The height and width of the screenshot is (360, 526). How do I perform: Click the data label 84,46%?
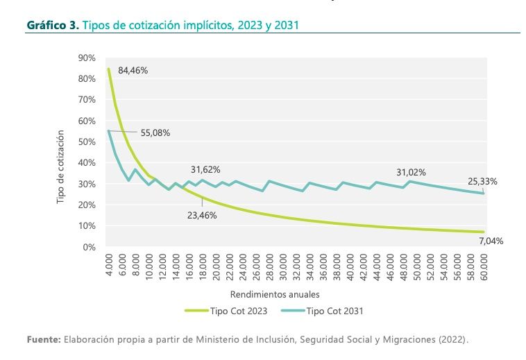click(x=133, y=71)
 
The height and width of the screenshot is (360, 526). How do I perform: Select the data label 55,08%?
click(x=155, y=132)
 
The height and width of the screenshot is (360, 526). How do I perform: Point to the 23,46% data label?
click(x=203, y=215)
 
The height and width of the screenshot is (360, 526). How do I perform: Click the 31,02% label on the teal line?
click(x=411, y=172)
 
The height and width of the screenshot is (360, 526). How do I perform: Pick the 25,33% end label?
click(x=482, y=181)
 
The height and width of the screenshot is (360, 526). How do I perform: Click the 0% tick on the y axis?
click(x=89, y=247)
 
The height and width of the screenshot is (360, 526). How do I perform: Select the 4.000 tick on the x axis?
click(x=108, y=266)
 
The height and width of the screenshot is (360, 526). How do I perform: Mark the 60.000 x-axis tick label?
click(x=484, y=266)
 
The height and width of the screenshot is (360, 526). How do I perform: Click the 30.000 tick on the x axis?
click(x=282, y=266)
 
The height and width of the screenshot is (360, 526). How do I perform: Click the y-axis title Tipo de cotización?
click(x=62, y=166)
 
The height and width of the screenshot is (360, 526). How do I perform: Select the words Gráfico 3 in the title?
click(x=52, y=25)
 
